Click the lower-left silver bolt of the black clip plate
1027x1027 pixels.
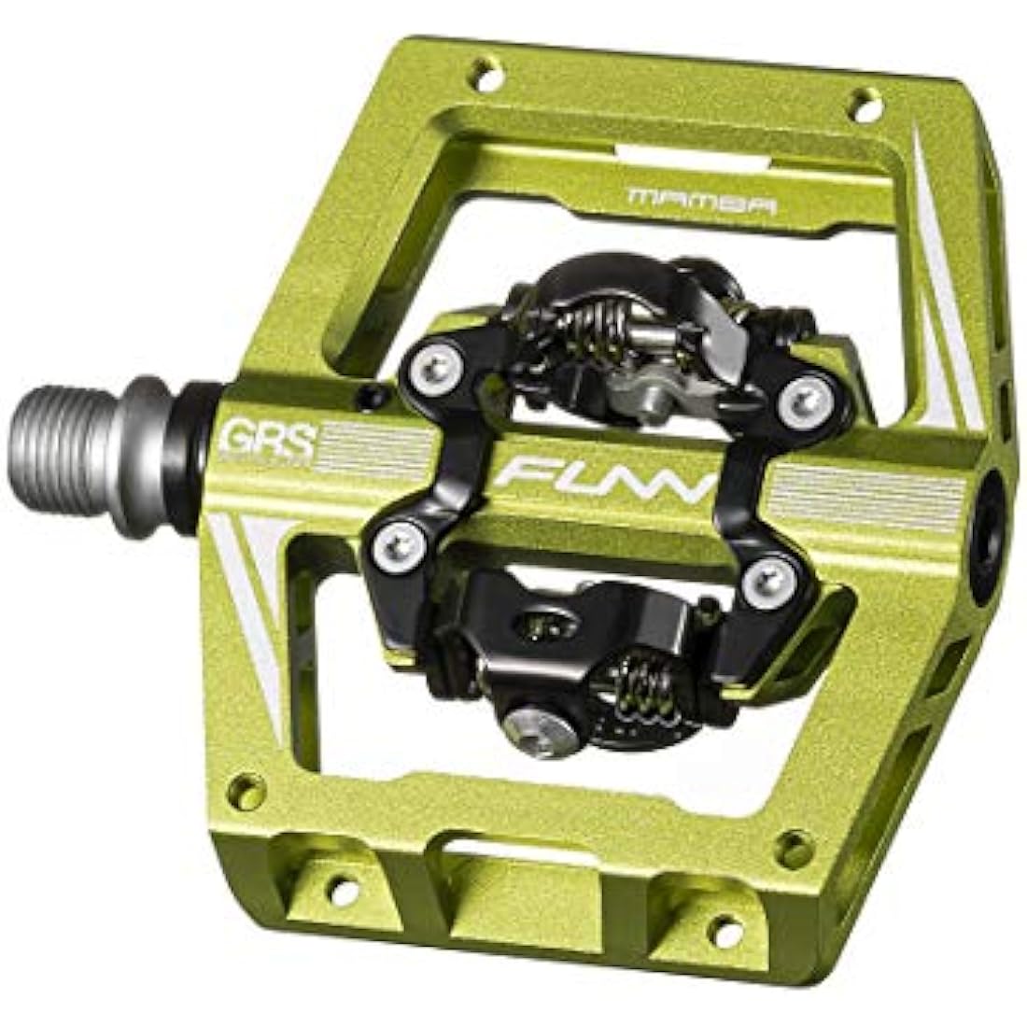[397, 539]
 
